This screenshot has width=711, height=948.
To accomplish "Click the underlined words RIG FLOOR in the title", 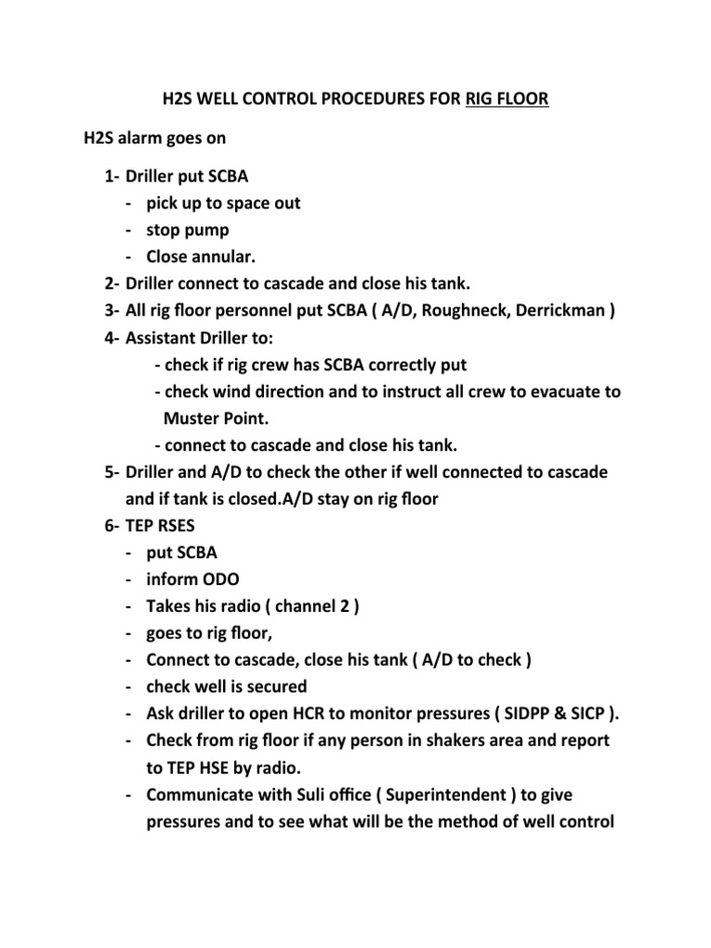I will coord(502,98).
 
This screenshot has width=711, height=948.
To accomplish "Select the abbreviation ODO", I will coord(219,580).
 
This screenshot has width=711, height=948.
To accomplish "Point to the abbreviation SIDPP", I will coord(549,715).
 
